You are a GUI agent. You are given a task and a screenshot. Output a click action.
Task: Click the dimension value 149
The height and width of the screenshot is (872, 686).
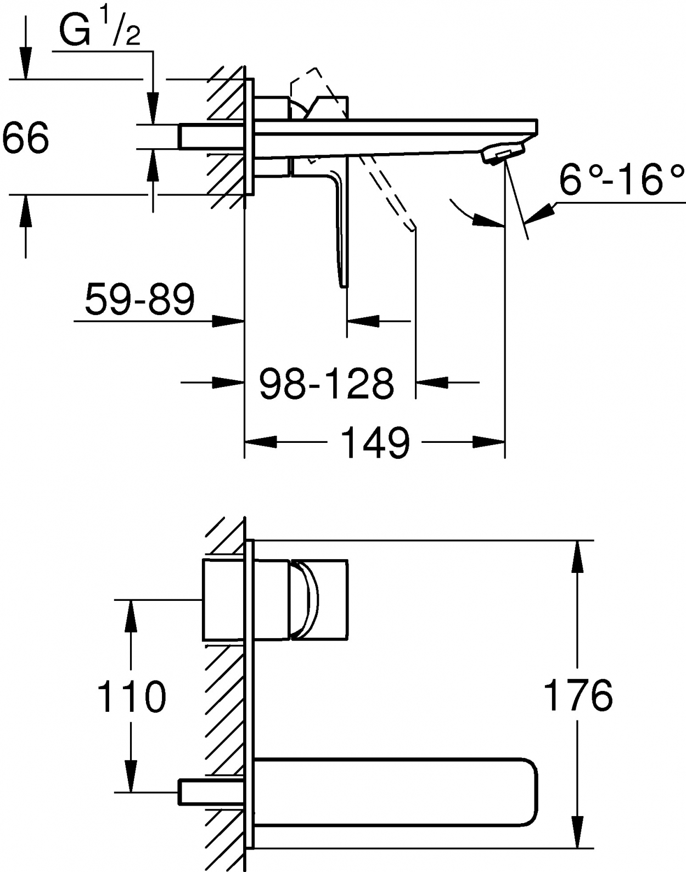[375, 442]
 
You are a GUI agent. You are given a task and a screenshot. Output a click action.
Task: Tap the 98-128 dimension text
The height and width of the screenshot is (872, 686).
[326, 383]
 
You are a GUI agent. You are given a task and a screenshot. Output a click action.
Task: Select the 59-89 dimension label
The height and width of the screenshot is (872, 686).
[140, 299]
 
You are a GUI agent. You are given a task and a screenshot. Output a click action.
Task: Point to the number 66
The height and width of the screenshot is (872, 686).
[25, 137]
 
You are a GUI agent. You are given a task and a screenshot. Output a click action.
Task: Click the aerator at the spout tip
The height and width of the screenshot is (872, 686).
[503, 152]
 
